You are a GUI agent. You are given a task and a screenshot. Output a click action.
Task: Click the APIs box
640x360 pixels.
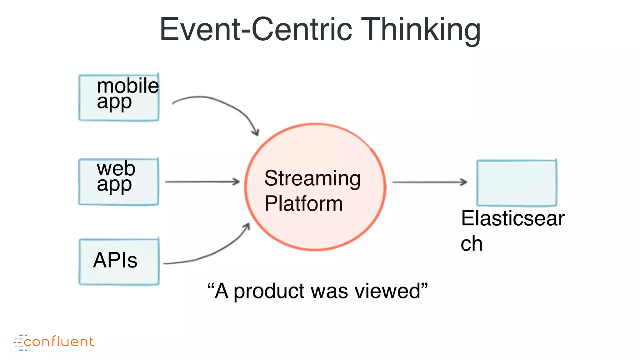119,261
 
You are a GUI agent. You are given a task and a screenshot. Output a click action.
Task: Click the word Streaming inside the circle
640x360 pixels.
312,179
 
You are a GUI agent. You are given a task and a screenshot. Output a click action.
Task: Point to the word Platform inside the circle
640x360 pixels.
303,204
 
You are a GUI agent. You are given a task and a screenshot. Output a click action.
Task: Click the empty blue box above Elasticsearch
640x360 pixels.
517,183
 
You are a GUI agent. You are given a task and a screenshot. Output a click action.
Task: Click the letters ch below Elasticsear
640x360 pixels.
472,244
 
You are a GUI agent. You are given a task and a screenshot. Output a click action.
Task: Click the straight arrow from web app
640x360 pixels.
202,182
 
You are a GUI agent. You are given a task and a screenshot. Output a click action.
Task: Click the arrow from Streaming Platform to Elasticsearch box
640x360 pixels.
429,182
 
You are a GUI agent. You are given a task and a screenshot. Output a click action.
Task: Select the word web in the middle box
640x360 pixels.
116,168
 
